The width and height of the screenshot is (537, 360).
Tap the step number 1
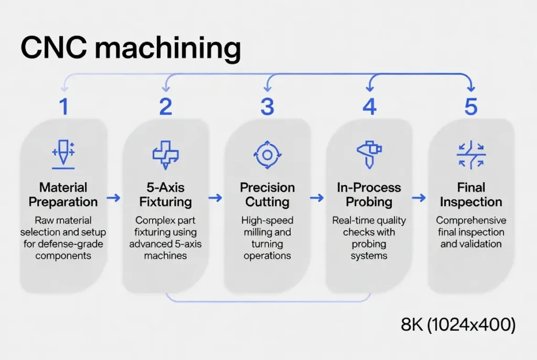click(x=63, y=107)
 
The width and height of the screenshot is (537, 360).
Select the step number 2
click(x=165, y=107)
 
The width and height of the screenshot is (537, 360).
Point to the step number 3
click(x=267, y=107)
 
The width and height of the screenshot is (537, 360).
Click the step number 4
click(x=369, y=107)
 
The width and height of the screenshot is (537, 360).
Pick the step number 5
click(x=471, y=107)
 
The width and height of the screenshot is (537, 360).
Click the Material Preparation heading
click(x=63, y=194)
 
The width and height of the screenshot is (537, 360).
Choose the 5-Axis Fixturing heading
click(x=165, y=194)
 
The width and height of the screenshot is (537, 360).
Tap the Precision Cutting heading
click(x=267, y=194)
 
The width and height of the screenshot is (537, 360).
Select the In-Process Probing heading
click(x=369, y=194)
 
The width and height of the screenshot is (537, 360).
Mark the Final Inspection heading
click(x=471, y=194)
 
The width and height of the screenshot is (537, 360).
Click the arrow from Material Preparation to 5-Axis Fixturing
click(x=113, y=198)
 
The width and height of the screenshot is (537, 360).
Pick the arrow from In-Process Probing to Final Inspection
click(x=418, y=198)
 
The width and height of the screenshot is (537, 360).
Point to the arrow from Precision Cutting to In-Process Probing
click(x=317, y=198)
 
